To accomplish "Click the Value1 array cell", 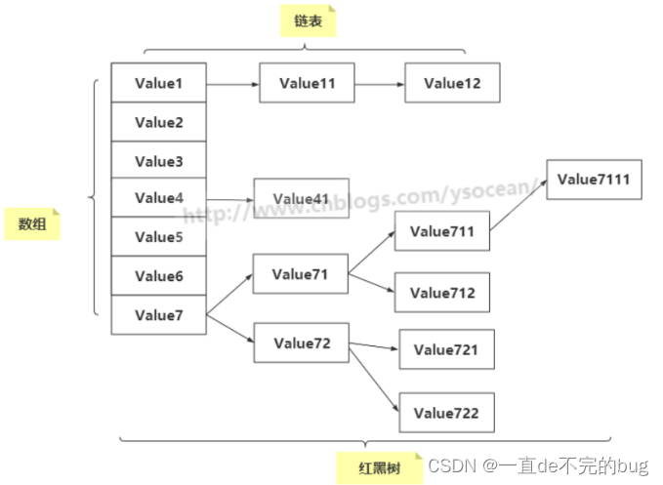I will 158,83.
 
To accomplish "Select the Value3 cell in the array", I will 158,161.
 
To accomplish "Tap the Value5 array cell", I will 158,237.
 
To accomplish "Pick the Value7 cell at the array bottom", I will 158,314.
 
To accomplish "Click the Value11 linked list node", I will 307,84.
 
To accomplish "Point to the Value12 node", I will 452,84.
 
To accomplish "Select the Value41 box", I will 301,199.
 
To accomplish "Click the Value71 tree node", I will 300,274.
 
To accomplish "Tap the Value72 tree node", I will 302,343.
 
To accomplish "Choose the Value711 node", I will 441,231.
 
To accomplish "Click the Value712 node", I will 441,293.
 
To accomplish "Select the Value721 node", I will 445,349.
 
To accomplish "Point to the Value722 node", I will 445,413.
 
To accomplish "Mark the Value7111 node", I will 594,180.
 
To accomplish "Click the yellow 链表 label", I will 308,21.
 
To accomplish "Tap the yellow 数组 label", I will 32,224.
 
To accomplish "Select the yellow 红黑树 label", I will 381,466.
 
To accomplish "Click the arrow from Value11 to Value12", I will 379,84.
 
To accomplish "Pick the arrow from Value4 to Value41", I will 230,199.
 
